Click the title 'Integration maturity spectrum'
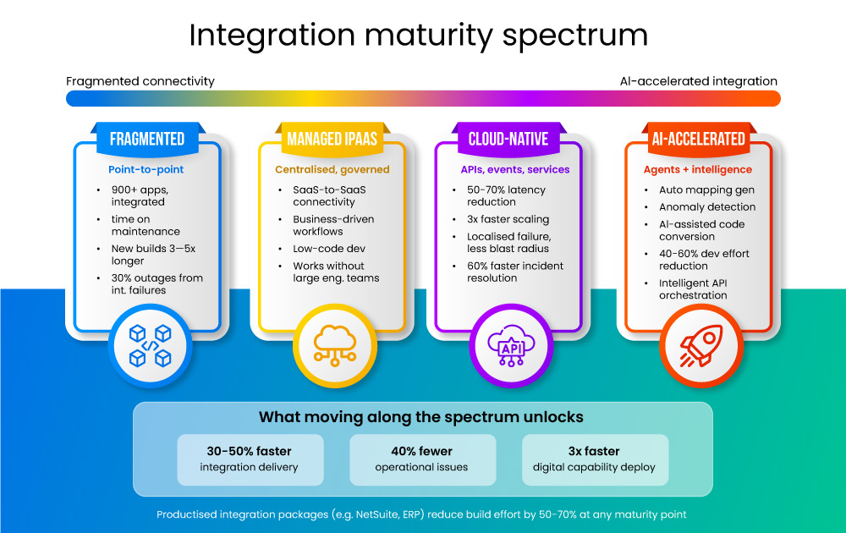pos(418,36)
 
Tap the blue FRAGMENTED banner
pos(147,139)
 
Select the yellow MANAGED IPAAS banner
pos(332,139)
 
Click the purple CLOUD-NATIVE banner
pos(508,139)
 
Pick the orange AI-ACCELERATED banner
pos(698,139)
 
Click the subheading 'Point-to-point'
pos(146,170)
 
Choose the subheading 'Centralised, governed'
pos(332,170)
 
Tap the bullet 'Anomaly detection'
pos(707,207)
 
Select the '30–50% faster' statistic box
pos(250,459)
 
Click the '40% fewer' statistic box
pos(421,459)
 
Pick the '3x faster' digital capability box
pos(594,459)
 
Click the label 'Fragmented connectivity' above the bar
pos(140,81)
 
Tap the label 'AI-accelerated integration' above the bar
pos(698,81)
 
